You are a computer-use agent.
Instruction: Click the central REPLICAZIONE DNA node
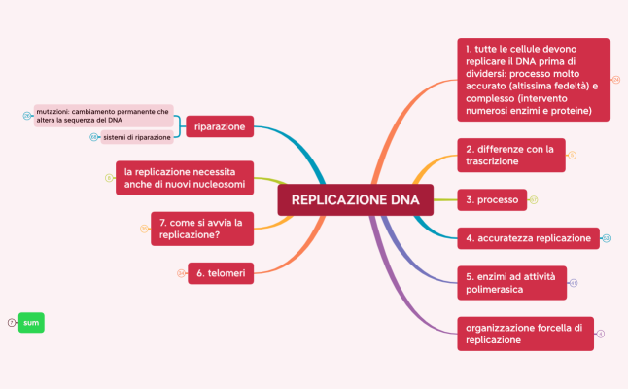[x=355, y=200]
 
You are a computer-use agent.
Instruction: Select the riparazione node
[x=219, y=127]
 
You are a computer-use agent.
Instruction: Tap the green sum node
[x=32, y=322]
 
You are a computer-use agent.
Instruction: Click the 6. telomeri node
[x=221, y=273]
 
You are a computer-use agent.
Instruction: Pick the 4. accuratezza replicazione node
[x=528, y=237]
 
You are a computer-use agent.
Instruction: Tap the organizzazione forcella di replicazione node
[x=524, y=334]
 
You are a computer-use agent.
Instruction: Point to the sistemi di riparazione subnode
[x=137, y=137]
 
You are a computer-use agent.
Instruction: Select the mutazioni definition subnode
[x=103, y=116]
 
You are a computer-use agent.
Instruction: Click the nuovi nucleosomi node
[x=185, y=178]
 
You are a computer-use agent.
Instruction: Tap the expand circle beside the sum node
[x=11, y=322]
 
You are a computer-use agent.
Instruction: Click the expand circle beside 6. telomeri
[x=180, y=273]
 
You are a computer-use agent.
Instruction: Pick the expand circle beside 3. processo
[x=534, y=199]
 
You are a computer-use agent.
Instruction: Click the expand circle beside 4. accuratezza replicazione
[x=607, y=237]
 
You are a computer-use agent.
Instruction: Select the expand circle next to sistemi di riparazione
[x=93, y=137]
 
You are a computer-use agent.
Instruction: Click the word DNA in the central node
[x=405, y=200]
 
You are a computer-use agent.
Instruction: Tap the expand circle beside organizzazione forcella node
[x=602, y=334]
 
